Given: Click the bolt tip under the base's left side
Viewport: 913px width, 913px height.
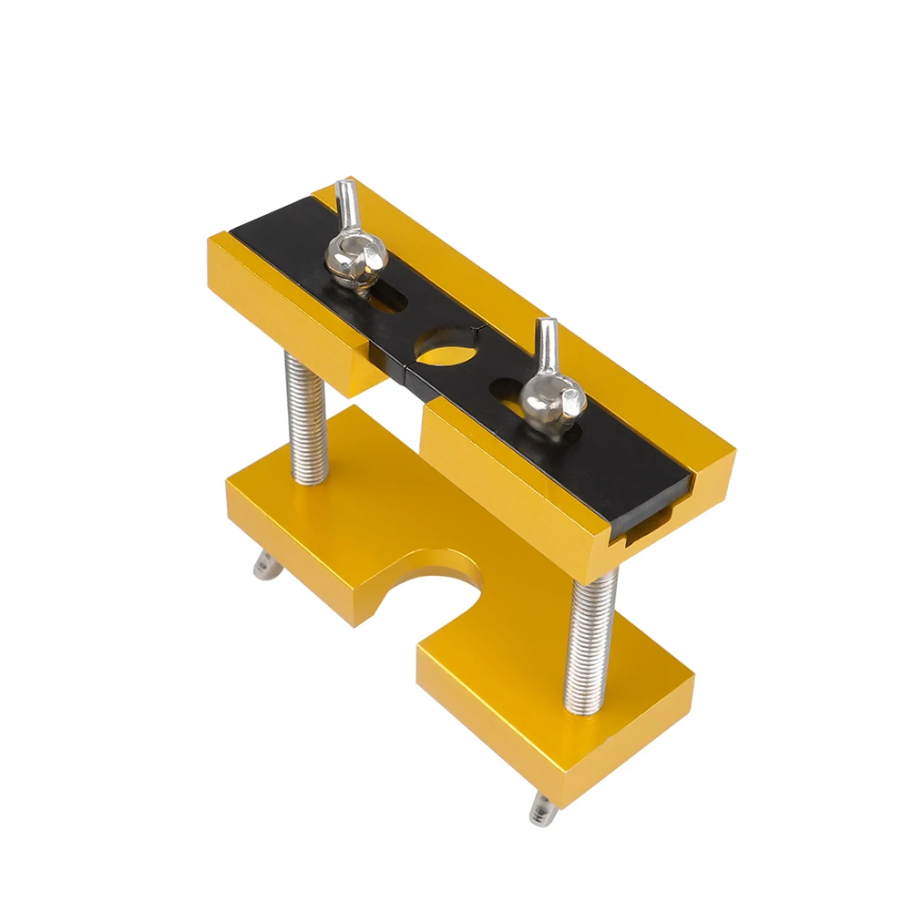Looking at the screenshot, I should (x=264, y=569).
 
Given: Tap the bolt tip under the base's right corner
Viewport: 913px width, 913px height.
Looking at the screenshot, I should (x=543, y=805).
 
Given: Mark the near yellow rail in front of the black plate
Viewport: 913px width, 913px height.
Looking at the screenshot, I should (x=528, y=474).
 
